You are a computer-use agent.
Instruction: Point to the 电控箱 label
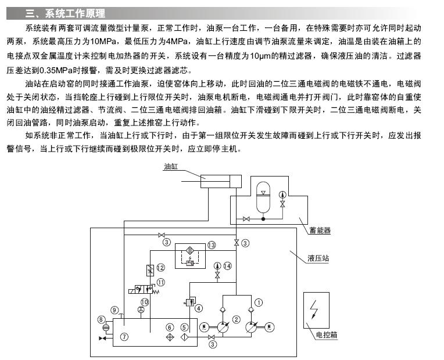326,334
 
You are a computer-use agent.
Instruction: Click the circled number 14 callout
227,265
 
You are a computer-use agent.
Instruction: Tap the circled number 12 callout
160,267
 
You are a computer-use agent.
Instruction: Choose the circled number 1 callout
259,302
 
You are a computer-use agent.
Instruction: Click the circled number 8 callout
101,319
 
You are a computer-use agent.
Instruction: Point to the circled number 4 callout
199,308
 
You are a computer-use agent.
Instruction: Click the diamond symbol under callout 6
170,337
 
